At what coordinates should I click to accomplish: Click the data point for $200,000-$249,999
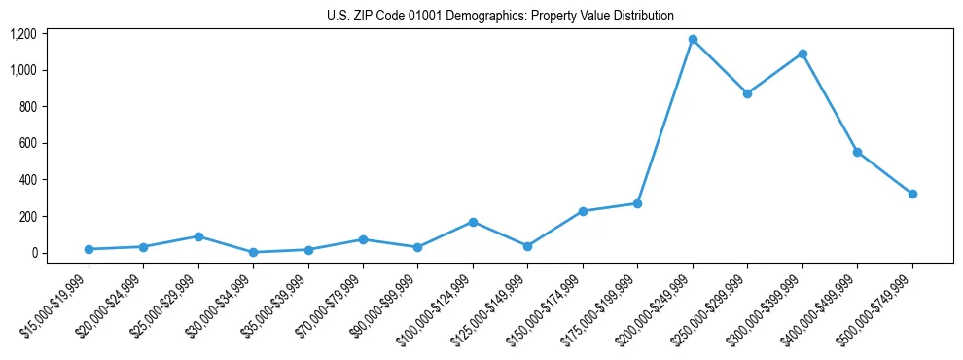[693, 39]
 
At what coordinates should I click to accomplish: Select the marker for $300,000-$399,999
[802, 54]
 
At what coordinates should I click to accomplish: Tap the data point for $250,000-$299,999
[747, 93]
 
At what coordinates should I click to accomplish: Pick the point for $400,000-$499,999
[857, 152]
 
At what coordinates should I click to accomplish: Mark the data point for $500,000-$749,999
[912, 194]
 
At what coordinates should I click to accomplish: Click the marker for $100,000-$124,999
[473, 222]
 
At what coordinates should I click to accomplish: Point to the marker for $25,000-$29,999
[198, 236]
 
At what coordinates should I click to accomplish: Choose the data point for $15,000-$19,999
[89, 249]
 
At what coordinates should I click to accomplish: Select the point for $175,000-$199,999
[637, 203]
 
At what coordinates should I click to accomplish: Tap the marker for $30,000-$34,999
[253, 252]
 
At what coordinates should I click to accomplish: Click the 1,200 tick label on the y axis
[22, 34]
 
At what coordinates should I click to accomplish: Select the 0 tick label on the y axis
[34, 253]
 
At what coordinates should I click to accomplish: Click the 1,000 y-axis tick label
[22, 70]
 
